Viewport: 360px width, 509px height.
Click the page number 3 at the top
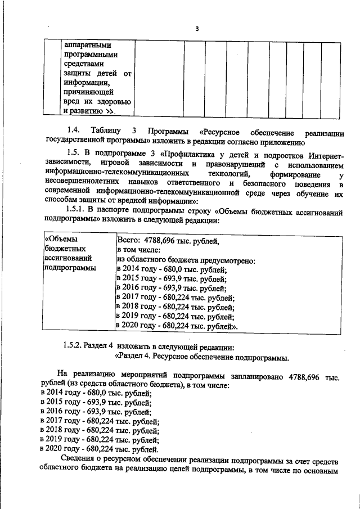coord(197,29)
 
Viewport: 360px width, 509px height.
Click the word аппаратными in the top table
coord(88,45)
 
